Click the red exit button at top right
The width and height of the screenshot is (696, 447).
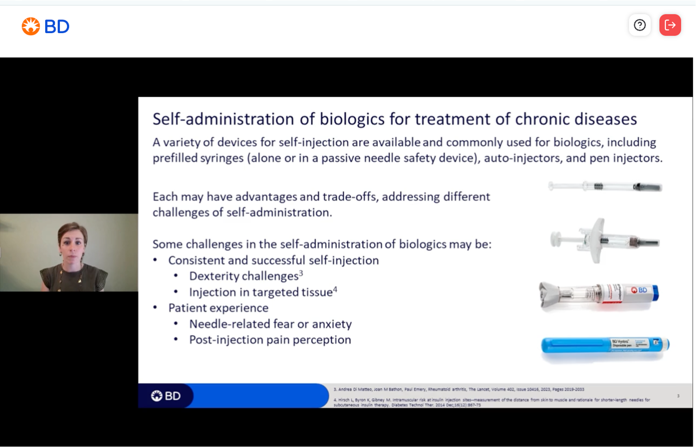670,25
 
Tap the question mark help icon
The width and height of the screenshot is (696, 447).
640,25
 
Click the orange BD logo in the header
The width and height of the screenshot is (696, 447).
45,27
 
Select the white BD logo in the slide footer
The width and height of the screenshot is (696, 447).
166,396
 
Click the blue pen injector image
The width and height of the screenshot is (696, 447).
605,345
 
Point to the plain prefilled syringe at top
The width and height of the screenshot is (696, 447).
605,187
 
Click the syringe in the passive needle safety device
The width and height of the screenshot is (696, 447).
604,240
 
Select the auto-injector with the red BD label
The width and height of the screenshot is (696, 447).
598,294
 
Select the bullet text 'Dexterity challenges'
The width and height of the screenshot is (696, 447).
244,276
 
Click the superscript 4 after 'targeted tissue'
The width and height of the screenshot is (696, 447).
335,289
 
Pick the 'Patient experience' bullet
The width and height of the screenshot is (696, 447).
218,308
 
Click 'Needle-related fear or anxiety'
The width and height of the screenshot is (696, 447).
270,324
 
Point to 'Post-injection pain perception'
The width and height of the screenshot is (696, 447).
270,340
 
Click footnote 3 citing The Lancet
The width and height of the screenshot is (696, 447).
458,389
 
